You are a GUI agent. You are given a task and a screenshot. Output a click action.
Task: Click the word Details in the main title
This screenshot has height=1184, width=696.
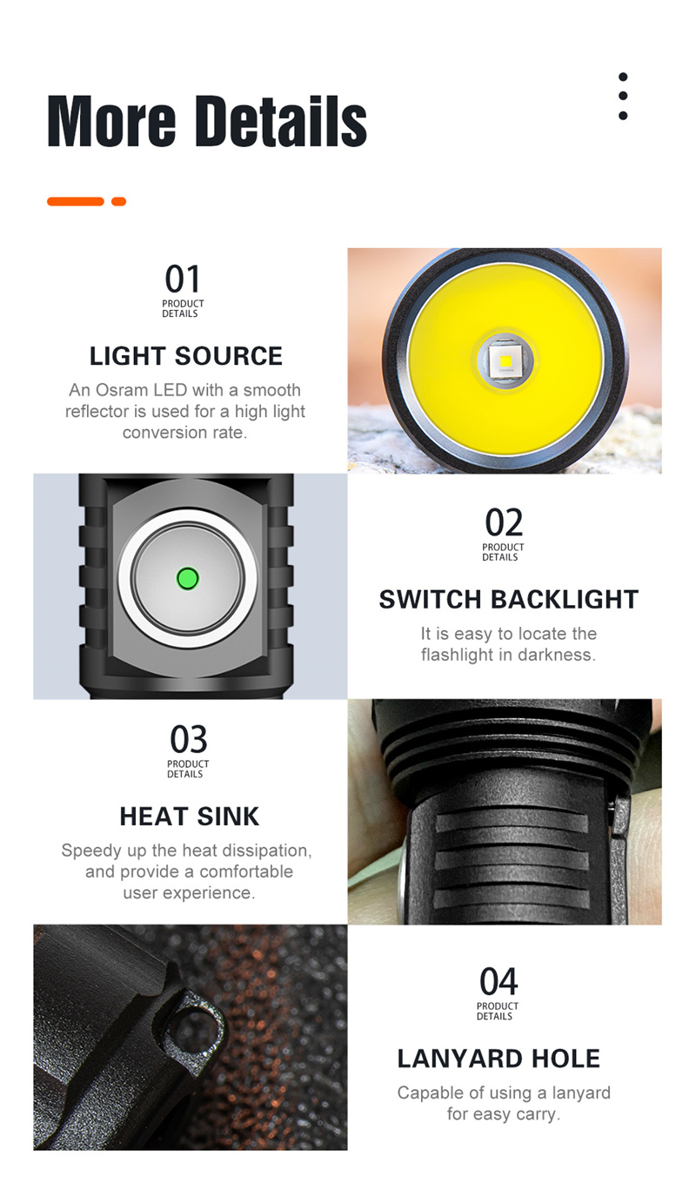tap(281, 121)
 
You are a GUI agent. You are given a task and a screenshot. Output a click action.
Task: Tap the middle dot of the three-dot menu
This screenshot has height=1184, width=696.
tap(623, 96)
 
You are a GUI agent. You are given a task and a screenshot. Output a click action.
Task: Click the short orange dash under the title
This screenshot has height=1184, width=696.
tap(119, 201)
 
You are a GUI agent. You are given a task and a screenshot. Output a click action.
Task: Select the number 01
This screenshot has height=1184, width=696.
tap(183, 279)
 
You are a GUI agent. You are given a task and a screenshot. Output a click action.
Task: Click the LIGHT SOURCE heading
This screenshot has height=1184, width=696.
tap(186, 356)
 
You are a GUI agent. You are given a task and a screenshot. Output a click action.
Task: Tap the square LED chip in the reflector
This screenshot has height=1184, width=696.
tap(505, 361)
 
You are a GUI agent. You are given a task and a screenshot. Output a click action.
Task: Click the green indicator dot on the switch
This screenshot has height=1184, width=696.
tap(187, 578)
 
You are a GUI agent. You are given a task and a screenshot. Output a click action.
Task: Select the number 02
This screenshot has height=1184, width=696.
tap(504, 522)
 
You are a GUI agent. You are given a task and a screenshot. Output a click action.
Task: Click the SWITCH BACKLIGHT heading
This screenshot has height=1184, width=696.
tap(509, 599)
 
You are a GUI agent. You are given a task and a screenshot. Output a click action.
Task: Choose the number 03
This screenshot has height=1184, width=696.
tap(189, 739)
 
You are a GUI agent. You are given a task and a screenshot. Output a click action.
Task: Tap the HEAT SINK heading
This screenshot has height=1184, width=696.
tap(190, 816)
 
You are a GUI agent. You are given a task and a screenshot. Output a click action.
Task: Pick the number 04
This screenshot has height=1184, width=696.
tap(499, 981)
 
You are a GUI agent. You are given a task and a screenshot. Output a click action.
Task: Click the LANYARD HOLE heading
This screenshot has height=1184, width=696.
tap(499, 1059)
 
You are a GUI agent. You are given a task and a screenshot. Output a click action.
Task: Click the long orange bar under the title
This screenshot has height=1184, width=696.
tap(76, 201)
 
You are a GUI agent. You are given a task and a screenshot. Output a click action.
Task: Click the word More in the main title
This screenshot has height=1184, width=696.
tap(111, 121)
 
